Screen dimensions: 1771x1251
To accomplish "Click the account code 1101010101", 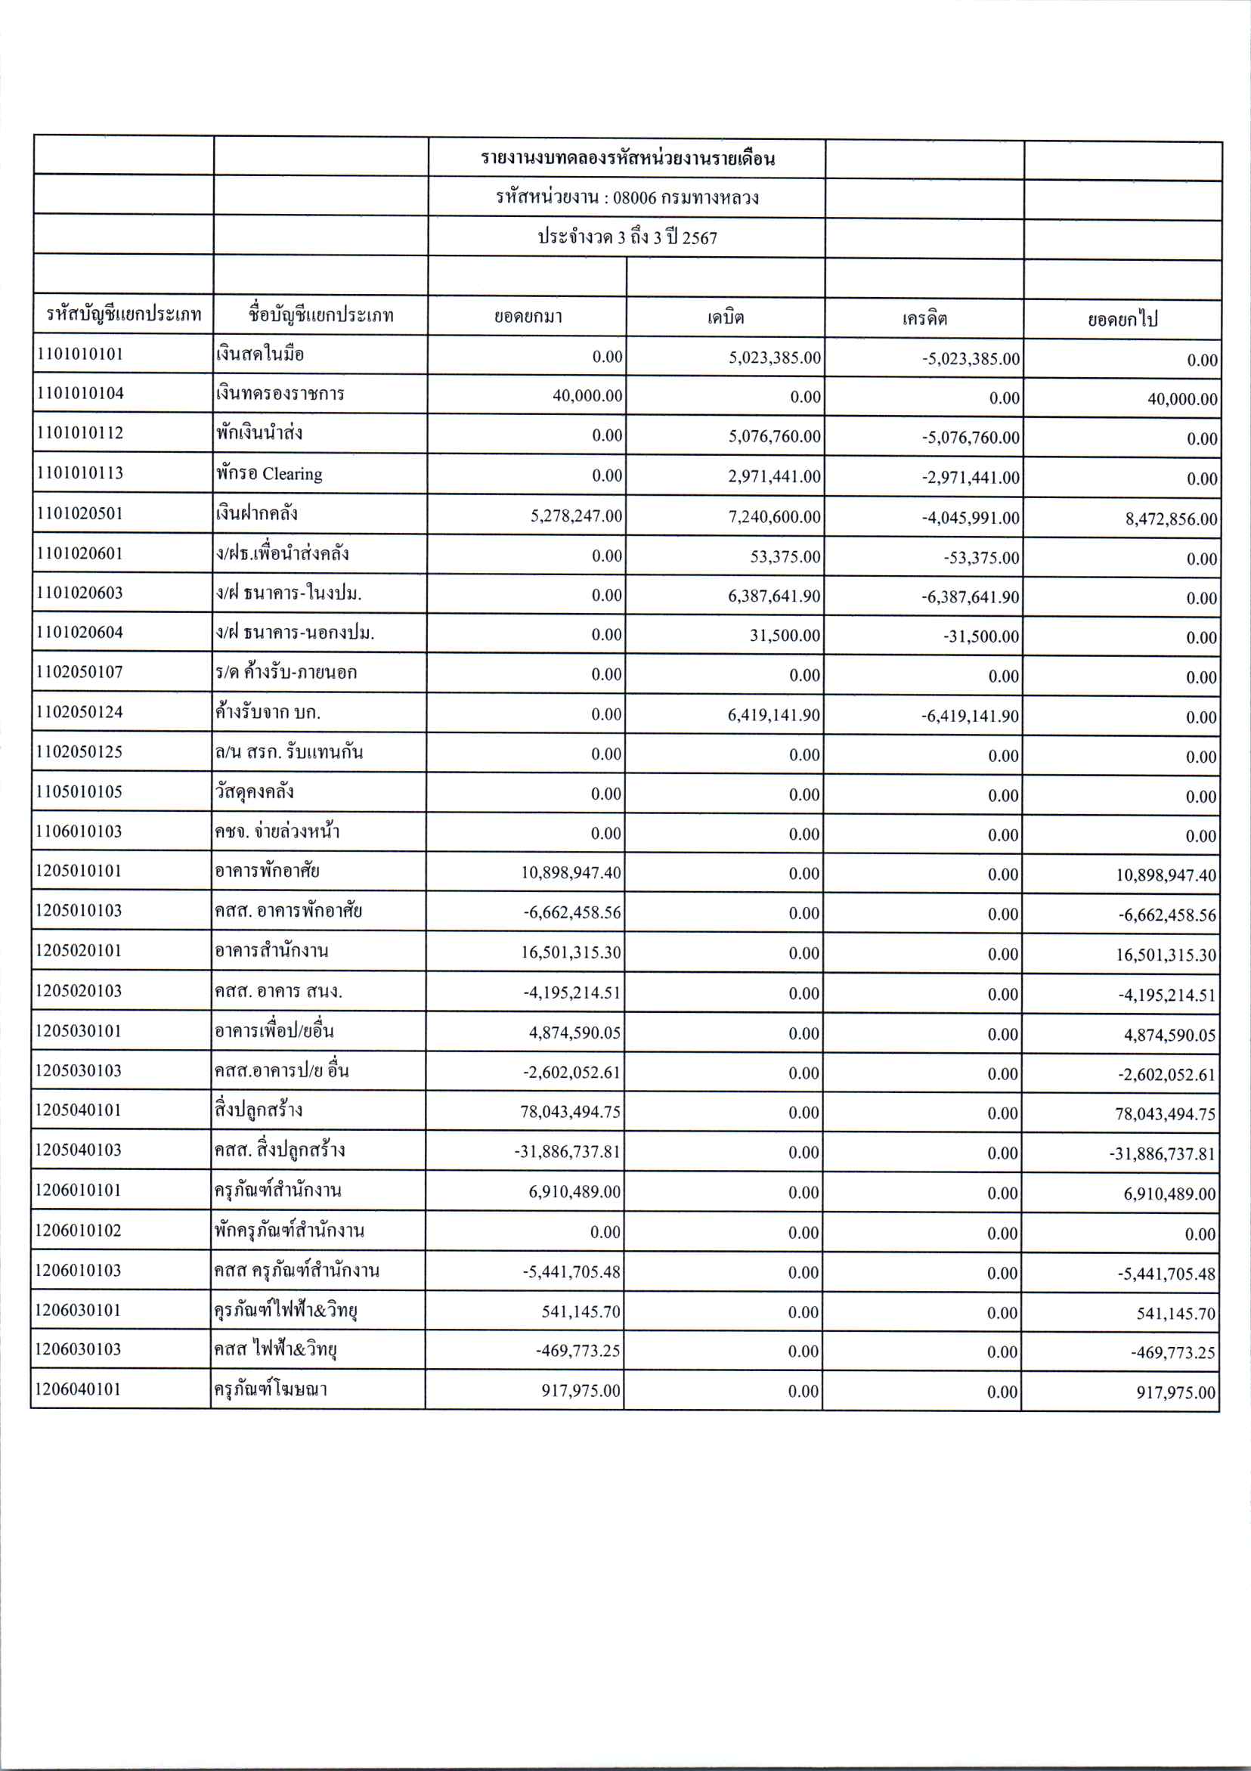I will tap(79, 354).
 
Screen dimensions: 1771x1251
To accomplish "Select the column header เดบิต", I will tap(725, 317).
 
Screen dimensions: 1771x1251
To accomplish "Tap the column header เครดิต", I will tap(924, 317).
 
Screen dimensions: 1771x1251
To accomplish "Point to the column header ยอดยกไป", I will tap(1122, 319).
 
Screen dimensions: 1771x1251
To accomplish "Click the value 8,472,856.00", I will tap(1171, 519).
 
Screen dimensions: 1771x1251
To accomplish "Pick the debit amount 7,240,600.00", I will tap(774, 517).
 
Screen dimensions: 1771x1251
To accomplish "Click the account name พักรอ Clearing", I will tap(269, 474).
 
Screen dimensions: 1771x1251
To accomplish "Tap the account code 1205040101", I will tap(79, 1110).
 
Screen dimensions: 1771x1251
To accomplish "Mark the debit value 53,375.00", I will tap(785, 557).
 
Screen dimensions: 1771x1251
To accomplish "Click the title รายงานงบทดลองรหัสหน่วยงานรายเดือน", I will tap(627, 159).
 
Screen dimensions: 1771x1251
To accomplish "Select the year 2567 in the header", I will tap(699, 237).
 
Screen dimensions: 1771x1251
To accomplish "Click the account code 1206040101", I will tap(79, 1389).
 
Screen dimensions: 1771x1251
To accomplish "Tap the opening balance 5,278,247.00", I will tap(575, 516).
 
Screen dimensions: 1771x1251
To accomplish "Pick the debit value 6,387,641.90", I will tap(774, 596).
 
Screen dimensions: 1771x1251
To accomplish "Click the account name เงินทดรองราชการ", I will tap(280, 393).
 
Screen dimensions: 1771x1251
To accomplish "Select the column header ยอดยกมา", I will tap(528, 316).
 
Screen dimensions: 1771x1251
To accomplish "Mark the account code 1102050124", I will tap(79, 712).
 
